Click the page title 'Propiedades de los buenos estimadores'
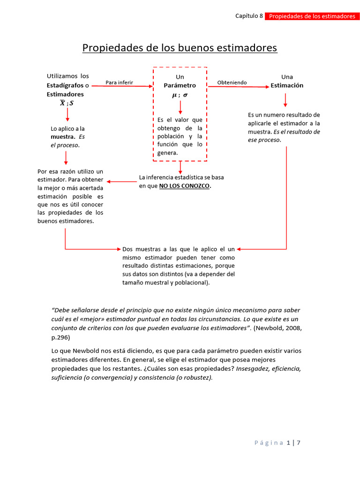(180, 48)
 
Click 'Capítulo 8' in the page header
(248, 16)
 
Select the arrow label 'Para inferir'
(119, 82)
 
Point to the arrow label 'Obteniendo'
(232, 82)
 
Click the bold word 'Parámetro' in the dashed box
(180, 85)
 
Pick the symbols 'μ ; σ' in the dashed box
(180, 95)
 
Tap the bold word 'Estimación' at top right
(287, 85)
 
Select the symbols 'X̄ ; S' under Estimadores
(67, 103)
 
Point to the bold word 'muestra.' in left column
(63, 137)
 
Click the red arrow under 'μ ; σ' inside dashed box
(180, 107)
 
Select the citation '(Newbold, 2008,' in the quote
(277, 329)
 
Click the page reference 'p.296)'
(60, 337)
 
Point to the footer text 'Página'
(269, 442)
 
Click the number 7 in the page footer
(298, 442)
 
